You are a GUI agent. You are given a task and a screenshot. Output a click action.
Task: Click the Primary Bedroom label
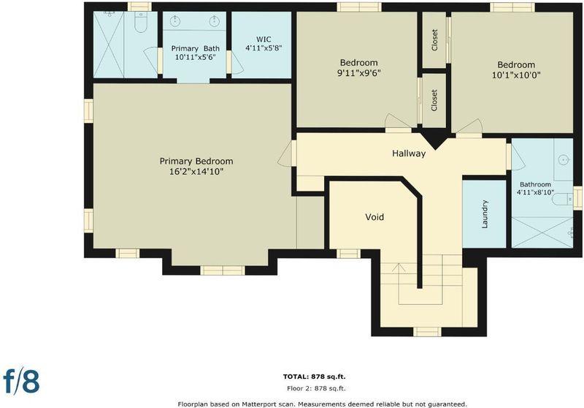(196, 161)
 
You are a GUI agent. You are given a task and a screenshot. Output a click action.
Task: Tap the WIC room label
(264, 39)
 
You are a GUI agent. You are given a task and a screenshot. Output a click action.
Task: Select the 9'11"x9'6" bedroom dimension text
(358, 72)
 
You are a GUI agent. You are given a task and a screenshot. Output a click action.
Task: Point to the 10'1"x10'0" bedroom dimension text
(516, 75)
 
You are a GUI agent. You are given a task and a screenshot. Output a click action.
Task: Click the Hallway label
(409, 154)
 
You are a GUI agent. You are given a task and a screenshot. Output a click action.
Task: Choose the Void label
(374, 217)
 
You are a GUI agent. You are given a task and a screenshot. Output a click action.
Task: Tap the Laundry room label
(485, 214)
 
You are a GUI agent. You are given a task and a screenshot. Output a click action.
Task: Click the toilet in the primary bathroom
(140, 23)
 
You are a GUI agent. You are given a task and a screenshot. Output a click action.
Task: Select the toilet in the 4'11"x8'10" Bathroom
(562, 199)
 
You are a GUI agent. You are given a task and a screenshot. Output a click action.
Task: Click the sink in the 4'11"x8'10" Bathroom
(564, 160)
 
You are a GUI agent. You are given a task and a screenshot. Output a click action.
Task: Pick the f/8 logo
(21, 380)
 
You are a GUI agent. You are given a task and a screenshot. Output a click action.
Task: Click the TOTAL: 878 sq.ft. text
(315, 377)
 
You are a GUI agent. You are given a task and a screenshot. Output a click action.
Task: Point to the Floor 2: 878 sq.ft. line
(316, 388)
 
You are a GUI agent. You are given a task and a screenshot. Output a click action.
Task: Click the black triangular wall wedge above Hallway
(434, 138)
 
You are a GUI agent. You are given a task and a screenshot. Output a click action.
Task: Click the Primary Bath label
(195, 48)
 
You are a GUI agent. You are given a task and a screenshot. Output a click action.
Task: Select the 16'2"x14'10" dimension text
(196, 172)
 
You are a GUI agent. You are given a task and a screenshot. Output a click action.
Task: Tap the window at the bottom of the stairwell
(427, 331)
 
